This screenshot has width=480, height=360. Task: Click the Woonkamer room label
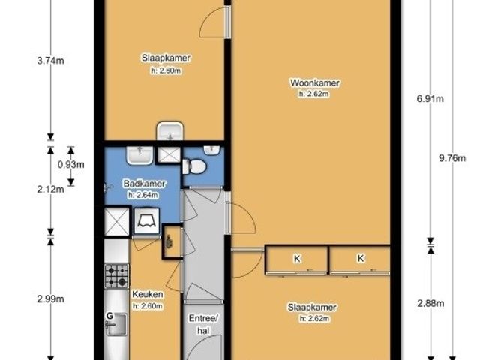[315, 83]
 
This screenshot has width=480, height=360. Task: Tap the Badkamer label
[144, 184]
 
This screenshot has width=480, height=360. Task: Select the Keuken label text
[148, 294]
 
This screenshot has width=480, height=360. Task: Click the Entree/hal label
[203, 324]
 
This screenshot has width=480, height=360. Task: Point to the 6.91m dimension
[430, 99]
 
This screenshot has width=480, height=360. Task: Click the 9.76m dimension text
[452, 158]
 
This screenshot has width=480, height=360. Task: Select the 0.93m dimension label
[70, 165]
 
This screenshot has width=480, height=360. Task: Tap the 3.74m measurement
[50, 61]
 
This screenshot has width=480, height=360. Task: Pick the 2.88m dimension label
[430, 303]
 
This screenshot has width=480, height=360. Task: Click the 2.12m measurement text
[50, 190]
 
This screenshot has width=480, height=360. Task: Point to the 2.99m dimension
[50, 298]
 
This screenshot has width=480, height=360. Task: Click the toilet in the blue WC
[194, 166]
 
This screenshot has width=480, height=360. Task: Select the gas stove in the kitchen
[117, 276]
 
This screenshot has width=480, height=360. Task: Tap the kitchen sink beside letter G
[116, 324]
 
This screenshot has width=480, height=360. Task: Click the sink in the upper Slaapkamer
[170, 131]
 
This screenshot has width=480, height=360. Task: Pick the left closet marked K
[297, 259]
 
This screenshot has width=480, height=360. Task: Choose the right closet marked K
[360, 259]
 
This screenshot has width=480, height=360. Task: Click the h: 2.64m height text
[143, 195]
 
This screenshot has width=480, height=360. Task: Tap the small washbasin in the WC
[211, 150]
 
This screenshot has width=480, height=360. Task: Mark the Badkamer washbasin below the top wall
[139, 155]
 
